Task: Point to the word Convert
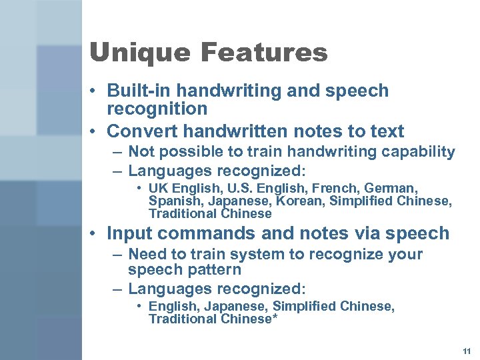click(139, 130)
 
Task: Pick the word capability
click(420, 152)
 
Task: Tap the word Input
click(129, 233)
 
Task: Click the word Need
click(145, 254)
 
